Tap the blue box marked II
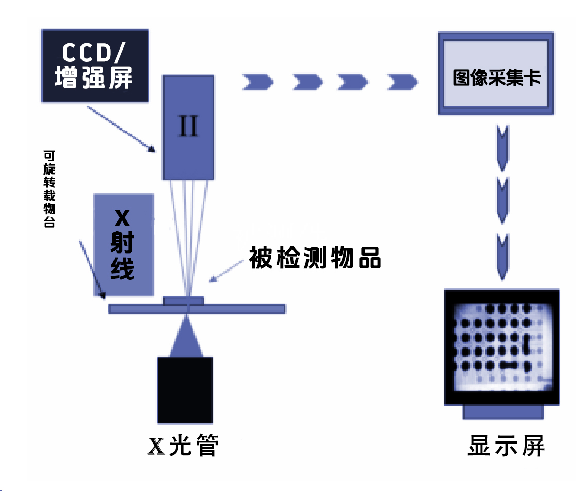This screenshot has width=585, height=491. pyautogui.click(x=188, y=127)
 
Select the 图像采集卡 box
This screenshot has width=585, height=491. pyautogui.click(x=496, y=73)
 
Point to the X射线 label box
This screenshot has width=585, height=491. pyautogui.click(x=124, y=245)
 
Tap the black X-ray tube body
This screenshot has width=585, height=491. pyautogui.click(x=185, y=390)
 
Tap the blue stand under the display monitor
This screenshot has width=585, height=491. pyautogui.click(x=502, y=411)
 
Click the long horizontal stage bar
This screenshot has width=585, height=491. pyautogui.click(x=197, y=309)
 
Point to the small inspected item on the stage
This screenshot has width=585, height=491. pyautogui.click(x=184, y=300)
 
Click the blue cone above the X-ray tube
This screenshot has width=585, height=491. pyautogui.click(x=185, y=338)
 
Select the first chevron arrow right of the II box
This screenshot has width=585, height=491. pyautogui.click(x=256, y=82)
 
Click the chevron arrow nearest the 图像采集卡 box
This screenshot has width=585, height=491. pyautogui.click(x=401, y=82)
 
